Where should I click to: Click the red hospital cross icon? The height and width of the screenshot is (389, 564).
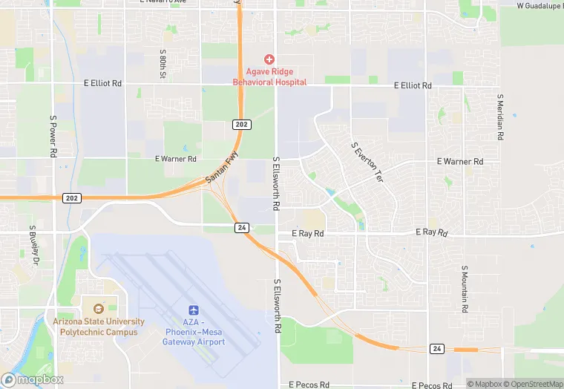click(x=269, y=59)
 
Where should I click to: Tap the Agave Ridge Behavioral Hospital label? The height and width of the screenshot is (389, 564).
click(x=269, y=76)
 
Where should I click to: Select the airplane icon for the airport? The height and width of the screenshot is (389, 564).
click(x=194, y=309)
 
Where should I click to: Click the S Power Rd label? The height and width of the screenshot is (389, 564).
click(x=53, y=137)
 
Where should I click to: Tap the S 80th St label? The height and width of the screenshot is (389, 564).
click(x=162, y=65)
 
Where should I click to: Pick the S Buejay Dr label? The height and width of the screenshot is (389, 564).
click(x=33, y=246)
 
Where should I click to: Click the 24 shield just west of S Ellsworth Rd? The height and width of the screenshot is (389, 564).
click(x=241, y=227)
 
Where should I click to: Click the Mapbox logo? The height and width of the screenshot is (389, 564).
click(x=32, y=379)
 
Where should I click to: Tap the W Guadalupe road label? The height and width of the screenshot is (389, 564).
click(x=540, y=6)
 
